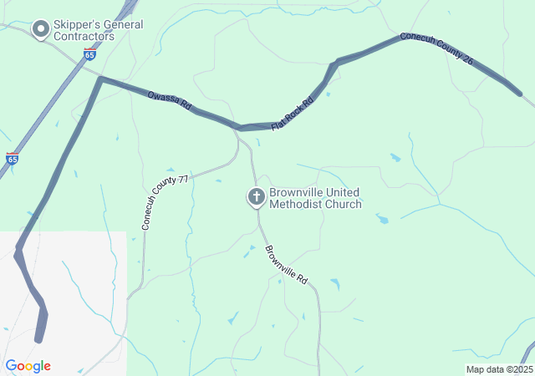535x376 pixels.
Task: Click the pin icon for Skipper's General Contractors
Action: tap(40, 29)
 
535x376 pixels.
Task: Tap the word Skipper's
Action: tap(76, 24)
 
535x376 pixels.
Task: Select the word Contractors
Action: tap(83, 37)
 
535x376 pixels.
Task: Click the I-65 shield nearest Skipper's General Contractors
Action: tap(89, 54)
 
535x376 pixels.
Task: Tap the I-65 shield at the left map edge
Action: tap(12, 157)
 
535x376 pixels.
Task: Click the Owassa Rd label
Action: tap(170, 103)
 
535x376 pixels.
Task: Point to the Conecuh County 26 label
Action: tap(436, 49)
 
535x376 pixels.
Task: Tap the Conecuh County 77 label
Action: tap(164, 203)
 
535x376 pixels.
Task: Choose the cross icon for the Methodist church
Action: tap(256, 197)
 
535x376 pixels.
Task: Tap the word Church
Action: tap(342, 204)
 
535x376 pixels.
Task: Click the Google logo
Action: tap(28, 366)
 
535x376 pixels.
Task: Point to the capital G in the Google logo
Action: tap(11, 366)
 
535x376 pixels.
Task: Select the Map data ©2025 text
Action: tap(498, 369)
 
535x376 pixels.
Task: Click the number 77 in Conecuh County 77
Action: tap(183, 180)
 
